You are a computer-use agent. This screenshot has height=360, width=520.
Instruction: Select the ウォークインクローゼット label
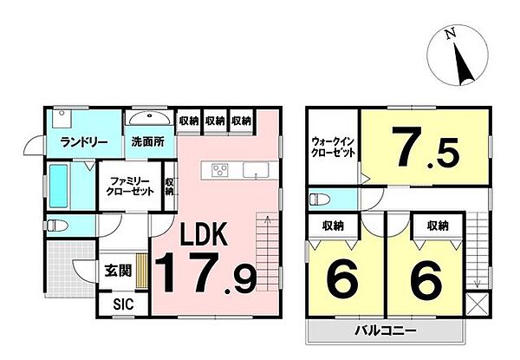tap(333, 147)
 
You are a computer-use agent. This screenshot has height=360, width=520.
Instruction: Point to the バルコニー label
tap(386, 331)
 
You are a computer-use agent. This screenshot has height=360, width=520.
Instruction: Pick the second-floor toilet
tap(318, 197)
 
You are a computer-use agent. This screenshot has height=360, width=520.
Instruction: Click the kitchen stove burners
tap(217, 168)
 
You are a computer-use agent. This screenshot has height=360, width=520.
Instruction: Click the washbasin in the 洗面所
tap(153, 118)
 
